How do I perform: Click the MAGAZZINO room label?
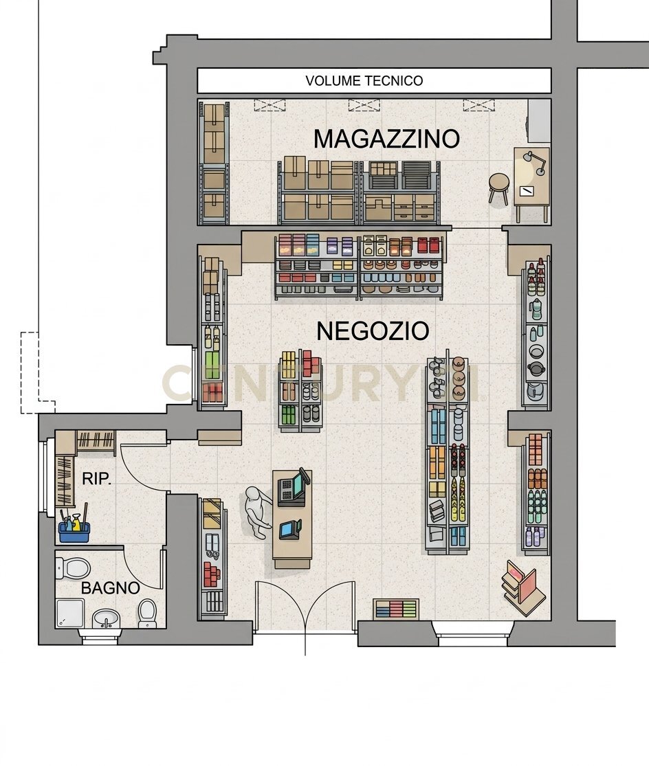click(x=386, y=139)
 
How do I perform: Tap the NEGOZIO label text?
click(x=373, y=331)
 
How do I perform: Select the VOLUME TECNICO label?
click(x=364, y=80)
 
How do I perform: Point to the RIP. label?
click(x=96, y=479)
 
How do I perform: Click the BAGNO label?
click(x=111, y=587)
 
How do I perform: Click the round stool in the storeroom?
click(x=499, y=188)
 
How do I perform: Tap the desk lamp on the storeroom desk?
click(x=535, y=162)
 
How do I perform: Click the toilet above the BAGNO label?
click(x=74, y=567)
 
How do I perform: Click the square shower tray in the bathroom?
click(x=70, y=613)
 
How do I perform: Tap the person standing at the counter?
click(x=256, y=512)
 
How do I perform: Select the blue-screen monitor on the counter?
click(x=290, y=530)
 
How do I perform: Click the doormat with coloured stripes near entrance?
click(x=396, y=609)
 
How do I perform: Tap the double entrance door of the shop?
click(x=305, y=606)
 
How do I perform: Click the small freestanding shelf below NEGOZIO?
click(x=300, y=391)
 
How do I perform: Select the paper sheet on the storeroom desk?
click(x=526, y=190)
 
